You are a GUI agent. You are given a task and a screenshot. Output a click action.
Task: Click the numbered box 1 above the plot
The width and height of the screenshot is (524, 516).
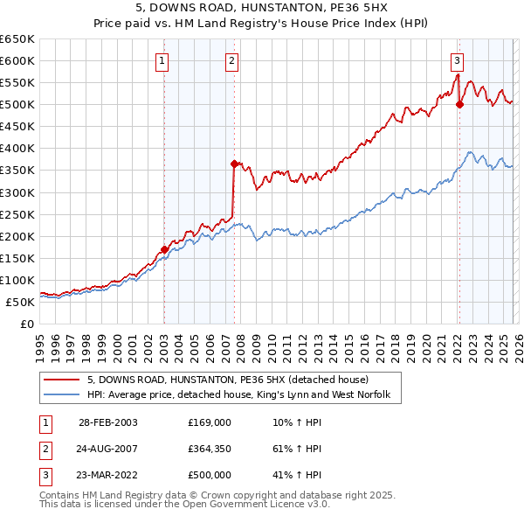click(164, 60)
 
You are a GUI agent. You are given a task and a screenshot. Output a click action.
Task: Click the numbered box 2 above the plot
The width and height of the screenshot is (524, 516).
click(231, 60)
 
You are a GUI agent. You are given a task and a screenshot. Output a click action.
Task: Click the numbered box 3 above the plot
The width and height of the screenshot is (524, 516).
click(457, 60)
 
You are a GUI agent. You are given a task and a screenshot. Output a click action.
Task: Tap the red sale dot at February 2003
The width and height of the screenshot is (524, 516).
click(164, 249)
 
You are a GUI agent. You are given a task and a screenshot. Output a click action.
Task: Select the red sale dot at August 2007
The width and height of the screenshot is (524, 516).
click(234, 164)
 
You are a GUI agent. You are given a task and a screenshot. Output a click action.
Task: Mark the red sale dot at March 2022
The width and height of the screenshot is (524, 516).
click(460, 104)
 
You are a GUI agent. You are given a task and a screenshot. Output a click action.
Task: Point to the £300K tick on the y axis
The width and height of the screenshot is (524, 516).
click(18, 192)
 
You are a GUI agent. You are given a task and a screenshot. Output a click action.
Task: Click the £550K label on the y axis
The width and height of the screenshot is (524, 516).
click(18, 82)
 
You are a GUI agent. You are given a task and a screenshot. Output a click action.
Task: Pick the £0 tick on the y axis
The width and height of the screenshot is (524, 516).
click(27, 324)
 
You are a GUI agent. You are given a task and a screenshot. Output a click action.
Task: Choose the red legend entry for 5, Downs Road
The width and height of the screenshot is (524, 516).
click(228, 380)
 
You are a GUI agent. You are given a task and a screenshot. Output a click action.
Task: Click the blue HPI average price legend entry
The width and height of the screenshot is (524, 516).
click(244, 394)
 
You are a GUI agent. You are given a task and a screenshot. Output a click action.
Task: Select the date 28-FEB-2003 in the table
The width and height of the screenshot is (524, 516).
click(108, 422)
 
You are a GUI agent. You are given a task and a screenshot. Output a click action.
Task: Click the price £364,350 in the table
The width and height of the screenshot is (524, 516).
click(210, 448)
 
